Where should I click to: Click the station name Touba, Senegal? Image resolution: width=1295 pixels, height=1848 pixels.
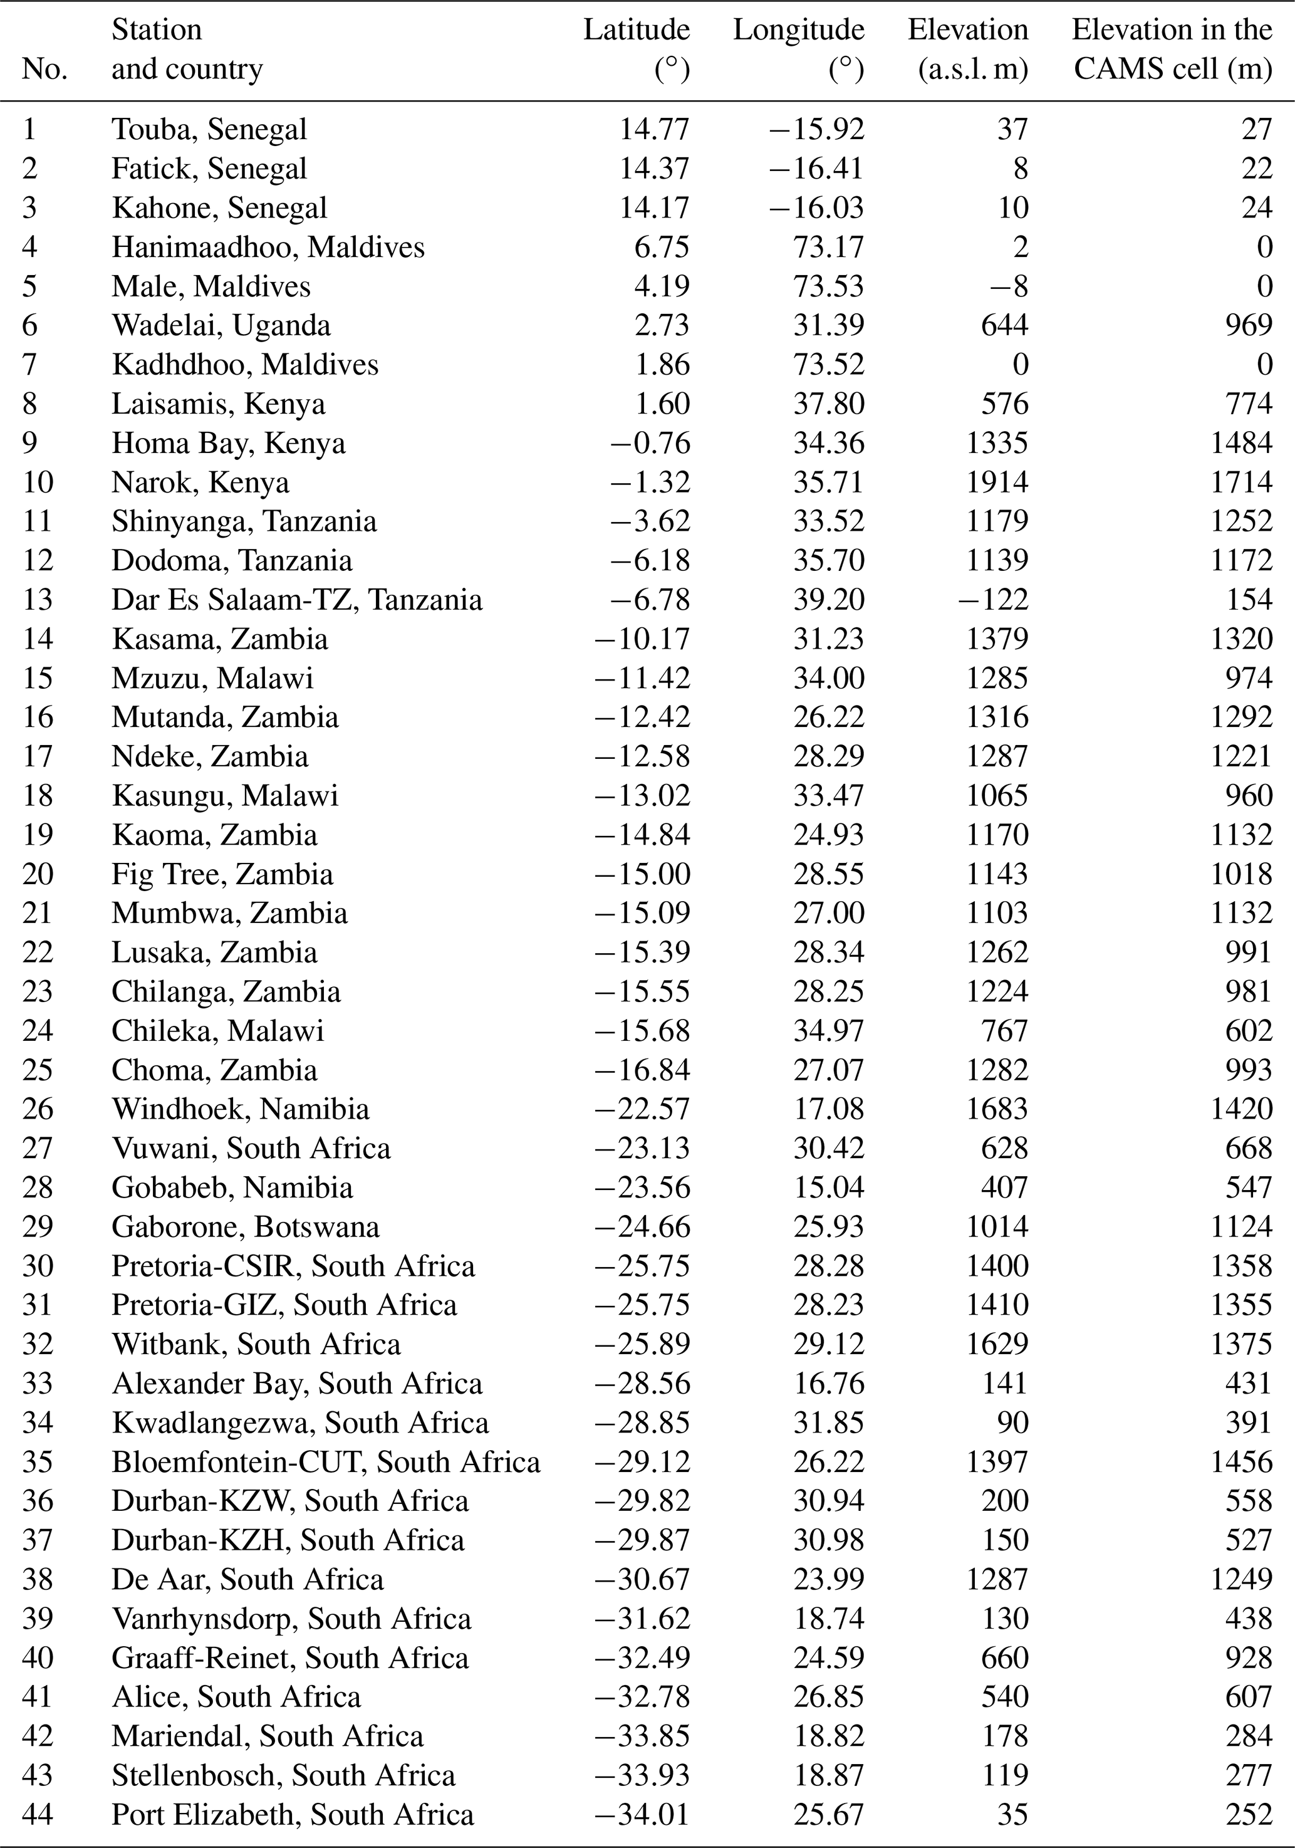pyautogui.click(x=209, y=130)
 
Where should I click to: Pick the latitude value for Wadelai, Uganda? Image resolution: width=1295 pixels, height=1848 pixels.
pyautogui.click(x=662, y=326)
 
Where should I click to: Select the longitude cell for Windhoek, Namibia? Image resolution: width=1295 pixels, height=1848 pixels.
pyautogui.click(x=828, y=1110)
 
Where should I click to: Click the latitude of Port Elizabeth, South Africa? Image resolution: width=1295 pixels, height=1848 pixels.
pyautogui.click(x=642, y=1815)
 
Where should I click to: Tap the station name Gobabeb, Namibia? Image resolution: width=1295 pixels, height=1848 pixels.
pyautogui.click(x=232, y=1188)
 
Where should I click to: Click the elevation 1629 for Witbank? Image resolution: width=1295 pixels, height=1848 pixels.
pyautogui.click(x=997, y=1345)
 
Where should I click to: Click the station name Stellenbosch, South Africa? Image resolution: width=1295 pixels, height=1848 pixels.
pyautogui.click(x=283, y=1775)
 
